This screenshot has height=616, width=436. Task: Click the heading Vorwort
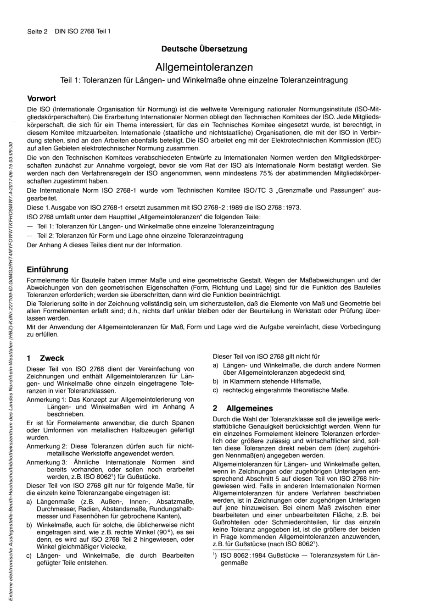tap(41, 98)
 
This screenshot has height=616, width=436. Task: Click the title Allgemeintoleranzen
tap(204, 67)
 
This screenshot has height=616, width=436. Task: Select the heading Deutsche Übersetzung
tap(204, 49)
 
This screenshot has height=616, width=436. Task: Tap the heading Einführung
tap(47, 269)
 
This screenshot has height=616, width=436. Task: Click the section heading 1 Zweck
tap(45, 358)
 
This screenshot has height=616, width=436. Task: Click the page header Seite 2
tap(37, 31)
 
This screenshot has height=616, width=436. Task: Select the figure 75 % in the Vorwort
tap(252, 173)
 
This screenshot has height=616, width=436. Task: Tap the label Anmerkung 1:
tap(47, 400)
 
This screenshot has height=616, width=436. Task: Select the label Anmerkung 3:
tap(47, 462)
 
